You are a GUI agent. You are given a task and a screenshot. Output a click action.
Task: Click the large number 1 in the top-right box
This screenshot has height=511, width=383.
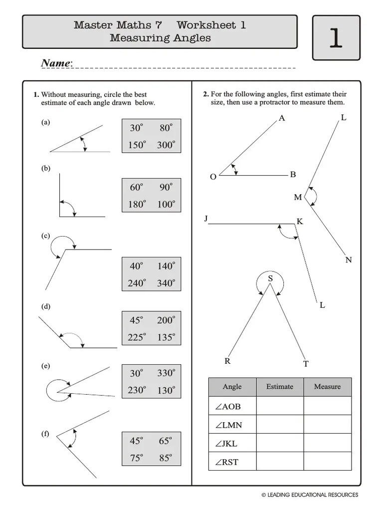[x=336, y=38]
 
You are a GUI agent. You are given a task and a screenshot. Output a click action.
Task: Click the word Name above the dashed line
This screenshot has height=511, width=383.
[x=56, y=63]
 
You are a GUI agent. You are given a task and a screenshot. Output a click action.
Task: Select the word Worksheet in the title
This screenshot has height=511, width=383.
[x=211, y=25]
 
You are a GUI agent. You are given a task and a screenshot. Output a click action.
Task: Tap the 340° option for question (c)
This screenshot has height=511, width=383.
[x=166, y=283]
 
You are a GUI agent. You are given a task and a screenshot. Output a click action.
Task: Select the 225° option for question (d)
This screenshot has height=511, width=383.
[x=137, y=337]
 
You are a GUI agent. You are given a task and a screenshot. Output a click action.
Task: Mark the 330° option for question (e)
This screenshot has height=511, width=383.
[x=166, y=373]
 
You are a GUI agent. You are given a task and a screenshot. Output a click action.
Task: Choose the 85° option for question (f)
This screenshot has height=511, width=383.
[x=166, y=458]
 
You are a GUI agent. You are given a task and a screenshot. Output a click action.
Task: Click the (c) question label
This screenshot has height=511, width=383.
[x=46, y=236]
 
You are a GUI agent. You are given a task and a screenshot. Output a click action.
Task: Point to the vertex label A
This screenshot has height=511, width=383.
[x=282, y=118]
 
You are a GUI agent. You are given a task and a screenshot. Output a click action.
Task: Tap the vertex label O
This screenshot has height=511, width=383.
[x=213, y=177]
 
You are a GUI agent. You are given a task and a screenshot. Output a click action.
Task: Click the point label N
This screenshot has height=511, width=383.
[x=348, y=260]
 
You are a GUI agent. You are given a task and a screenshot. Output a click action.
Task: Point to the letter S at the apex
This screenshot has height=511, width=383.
[x=270, y=278]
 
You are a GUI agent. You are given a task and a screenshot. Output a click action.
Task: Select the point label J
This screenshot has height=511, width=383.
[x=205, y=219]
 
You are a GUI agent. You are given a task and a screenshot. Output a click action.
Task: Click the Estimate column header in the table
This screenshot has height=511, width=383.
[x=280, y=387]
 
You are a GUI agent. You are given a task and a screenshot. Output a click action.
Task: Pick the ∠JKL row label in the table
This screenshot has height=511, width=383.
[x=227, y=443]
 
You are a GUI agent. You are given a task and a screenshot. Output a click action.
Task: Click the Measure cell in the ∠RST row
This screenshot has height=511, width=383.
[x=327, y=462]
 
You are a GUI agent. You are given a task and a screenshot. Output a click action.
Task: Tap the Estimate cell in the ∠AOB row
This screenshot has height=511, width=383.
[x=280, y=406]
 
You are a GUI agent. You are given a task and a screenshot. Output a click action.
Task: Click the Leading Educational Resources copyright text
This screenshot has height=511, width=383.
[x=310, y=495]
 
